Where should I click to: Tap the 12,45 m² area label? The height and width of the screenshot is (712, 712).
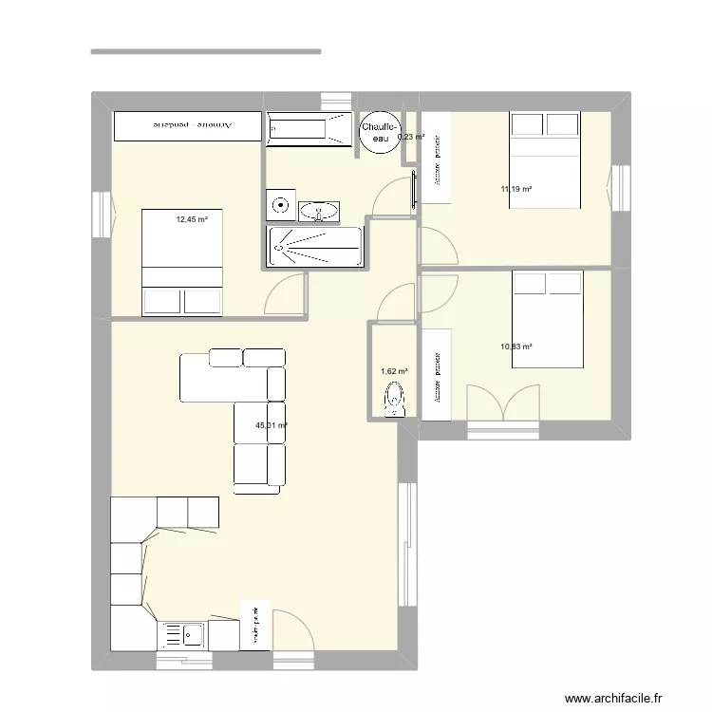191,219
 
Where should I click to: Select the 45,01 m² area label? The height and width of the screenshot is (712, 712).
272,427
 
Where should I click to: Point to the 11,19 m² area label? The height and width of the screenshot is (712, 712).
515,189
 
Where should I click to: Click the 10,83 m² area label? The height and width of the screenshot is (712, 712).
515,347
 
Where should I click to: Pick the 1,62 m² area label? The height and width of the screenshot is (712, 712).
393,372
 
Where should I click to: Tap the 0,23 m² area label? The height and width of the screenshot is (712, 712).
410,137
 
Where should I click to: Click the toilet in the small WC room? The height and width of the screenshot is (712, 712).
394,401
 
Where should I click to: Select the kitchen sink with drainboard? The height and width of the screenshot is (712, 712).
182,633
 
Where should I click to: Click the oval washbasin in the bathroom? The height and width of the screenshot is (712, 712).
319,211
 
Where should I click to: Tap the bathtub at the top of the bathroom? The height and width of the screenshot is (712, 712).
309,130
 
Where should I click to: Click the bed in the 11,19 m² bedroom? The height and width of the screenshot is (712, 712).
544,159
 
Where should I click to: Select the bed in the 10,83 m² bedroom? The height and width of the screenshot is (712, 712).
547,319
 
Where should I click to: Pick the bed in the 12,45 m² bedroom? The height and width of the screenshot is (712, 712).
181,262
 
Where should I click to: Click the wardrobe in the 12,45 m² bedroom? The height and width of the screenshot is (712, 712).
186,125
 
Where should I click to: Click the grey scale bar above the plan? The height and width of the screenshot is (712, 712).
205,51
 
